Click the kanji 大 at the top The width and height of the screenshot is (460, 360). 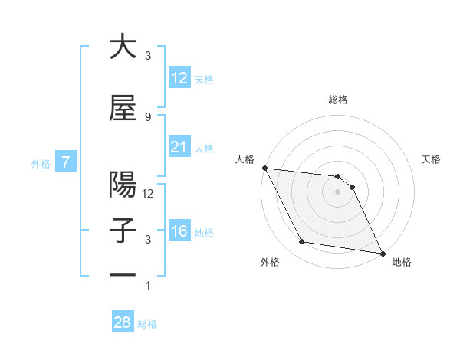pos(123,47)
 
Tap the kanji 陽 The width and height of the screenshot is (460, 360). pos(123,185)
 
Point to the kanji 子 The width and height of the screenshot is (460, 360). pos(123,231)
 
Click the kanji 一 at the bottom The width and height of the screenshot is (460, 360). pos(123,275)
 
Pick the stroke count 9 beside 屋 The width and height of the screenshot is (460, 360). pos(148,116)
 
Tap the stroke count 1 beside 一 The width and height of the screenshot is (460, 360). pos(148,286)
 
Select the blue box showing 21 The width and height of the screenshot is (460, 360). pos(179,147)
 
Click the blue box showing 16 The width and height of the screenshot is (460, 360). pos(179,231)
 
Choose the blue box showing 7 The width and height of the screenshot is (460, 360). pos(67,162)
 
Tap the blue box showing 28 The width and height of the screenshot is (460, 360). pos(122,322)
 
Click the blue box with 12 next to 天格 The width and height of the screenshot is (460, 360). pos(179,78)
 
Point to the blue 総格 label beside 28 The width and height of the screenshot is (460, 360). pos(147,324)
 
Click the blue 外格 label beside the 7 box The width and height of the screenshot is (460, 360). pos(40,163)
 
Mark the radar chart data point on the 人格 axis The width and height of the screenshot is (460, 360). pos(264,168)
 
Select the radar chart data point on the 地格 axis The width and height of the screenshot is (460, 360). pos(382,253)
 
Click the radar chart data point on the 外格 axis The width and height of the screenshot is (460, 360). pos(301,242)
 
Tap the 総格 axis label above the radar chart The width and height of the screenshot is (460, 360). pos(337,100)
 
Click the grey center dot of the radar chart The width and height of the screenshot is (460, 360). pos(337,191)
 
